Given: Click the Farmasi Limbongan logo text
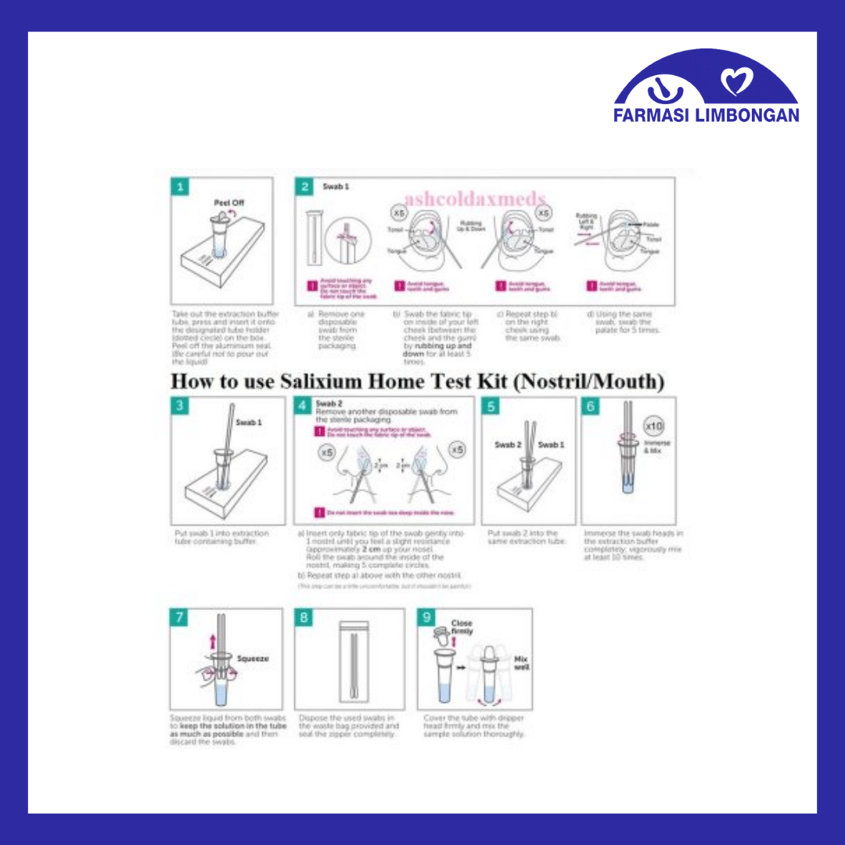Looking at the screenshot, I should (x=707, y=114).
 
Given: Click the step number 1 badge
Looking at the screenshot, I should (x=180, y=187).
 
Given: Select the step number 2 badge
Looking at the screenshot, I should (x=304, y=187).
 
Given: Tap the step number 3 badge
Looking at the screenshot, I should (x=180, y=405).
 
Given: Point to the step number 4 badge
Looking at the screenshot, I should (x=303, y=405).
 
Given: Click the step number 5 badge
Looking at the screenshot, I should (x=491, y=405).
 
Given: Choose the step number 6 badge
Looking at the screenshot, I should (x=591, y=405).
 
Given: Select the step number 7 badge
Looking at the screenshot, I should (x=180, y=617).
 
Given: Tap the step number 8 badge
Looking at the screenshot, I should (x=304, y=617).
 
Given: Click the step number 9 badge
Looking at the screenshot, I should (x=426, y=617).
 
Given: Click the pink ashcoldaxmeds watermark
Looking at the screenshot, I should (x=475, y=199).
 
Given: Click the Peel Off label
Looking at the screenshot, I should (x=228, y=203).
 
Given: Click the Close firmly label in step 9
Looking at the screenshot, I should (x=462, y=627).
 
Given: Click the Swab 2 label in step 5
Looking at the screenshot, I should (x=507, y=444).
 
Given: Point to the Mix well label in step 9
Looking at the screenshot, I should (x=521, y=664).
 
